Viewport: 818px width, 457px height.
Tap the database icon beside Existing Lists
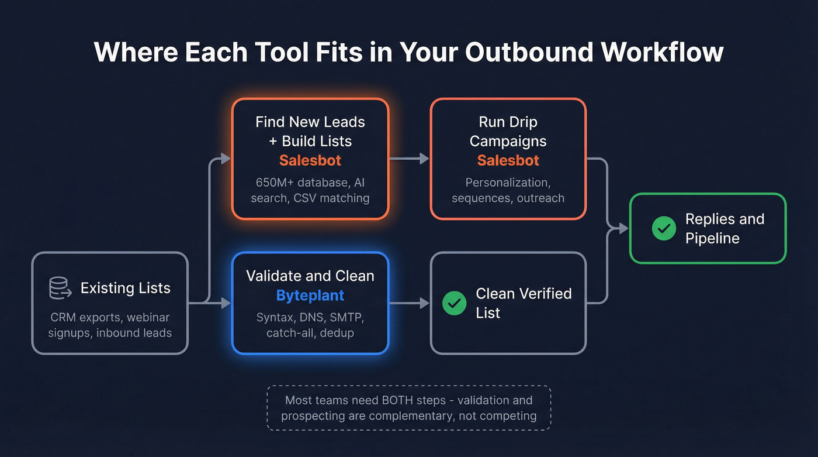click(x=60, y=288)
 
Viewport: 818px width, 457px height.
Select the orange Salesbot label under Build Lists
click(x=310, y=160)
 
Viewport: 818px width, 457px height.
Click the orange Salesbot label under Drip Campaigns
click(x=508, y=160)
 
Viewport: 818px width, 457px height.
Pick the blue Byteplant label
click(x=310, y=295)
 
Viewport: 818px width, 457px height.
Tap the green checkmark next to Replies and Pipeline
click(x=664, y=228)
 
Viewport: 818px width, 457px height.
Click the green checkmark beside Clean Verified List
click(x=455, y=303)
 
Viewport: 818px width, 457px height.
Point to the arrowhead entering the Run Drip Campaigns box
click(x=425, y=159)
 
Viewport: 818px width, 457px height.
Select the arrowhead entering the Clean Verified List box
click(x=425, y=303)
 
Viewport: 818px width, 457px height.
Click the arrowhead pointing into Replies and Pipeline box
click(x=623, y=229)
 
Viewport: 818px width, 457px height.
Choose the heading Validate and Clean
click(x=310, y=276)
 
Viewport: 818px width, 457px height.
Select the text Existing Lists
click(x=126, y=288)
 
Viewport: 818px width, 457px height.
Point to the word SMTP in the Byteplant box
click(x=346, y=318)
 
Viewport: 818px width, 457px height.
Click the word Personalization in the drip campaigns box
click(x=508, y=183)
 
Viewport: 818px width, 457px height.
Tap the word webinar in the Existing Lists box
click(x=148, y=318)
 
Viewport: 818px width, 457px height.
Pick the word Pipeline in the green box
click(x=712, y=238)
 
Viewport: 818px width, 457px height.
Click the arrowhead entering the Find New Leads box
click(x=226, y=159)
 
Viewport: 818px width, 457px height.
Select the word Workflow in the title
click(x=663, y=51)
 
